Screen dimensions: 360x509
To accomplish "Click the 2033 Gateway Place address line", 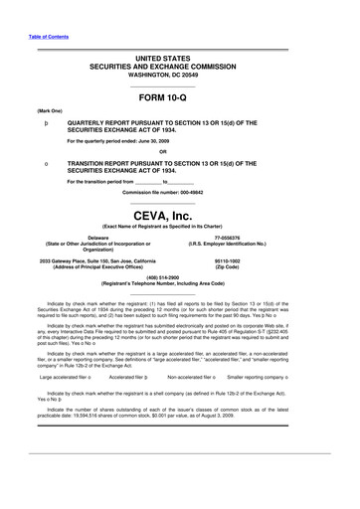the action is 110,261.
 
